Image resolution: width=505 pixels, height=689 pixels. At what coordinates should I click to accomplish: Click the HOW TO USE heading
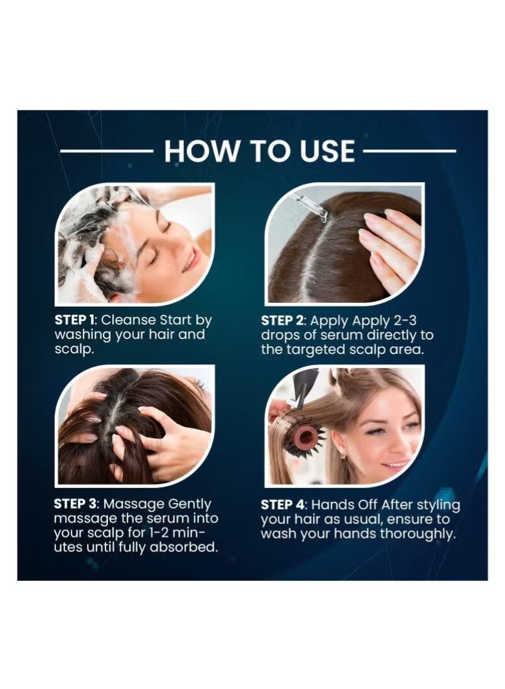(x=259, y=150)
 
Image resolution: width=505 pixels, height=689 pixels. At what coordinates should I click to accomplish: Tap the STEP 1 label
(x=75, y=320)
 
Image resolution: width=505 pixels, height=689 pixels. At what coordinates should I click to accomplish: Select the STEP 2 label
(x=282, y=320)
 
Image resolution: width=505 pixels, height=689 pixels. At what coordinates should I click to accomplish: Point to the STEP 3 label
(x=75, y=504)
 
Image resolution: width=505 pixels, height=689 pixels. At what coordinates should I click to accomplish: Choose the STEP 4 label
(x=282, y=504)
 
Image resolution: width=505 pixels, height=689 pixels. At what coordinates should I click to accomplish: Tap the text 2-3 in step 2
(x=405, y=320)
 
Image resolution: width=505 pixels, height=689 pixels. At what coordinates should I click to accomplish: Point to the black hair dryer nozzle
(x=303, y=387)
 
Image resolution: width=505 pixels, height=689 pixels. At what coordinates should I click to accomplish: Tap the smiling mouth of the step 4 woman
(x=396, y=464)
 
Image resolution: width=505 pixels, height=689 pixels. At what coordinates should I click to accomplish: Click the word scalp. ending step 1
(x=75, y=350)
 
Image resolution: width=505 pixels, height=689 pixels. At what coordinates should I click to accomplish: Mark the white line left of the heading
(x=106, y=151)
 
